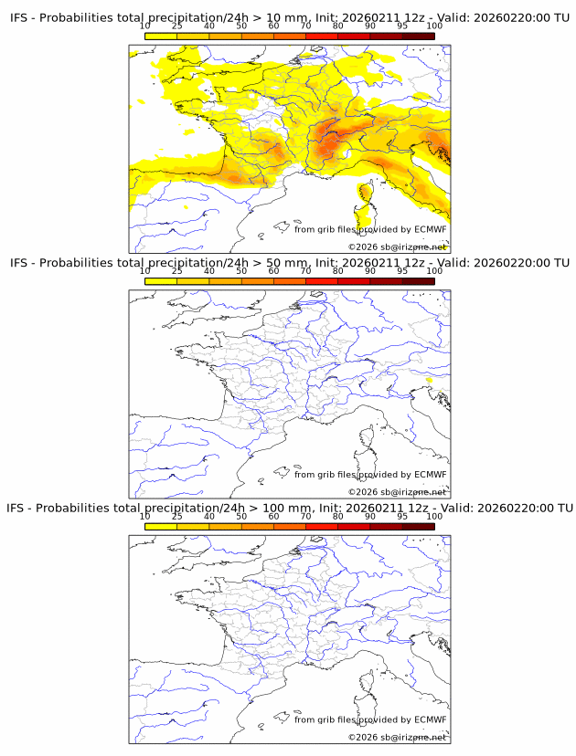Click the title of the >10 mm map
(289, 17)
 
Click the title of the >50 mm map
(289, 263)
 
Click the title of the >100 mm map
(289, 508)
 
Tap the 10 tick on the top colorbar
(145, 26)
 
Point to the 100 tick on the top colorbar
(434, 26)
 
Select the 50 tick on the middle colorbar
(241, 271)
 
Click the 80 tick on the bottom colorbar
(338, 516)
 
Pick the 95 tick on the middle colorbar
(402, 271)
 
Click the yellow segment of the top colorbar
(161, 36)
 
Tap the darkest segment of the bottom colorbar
(418, 527)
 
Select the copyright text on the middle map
(397, 492)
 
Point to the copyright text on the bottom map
(397, 737)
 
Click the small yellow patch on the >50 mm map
(430, 379)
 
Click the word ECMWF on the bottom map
(431, 719)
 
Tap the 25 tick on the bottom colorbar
(177, 516)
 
